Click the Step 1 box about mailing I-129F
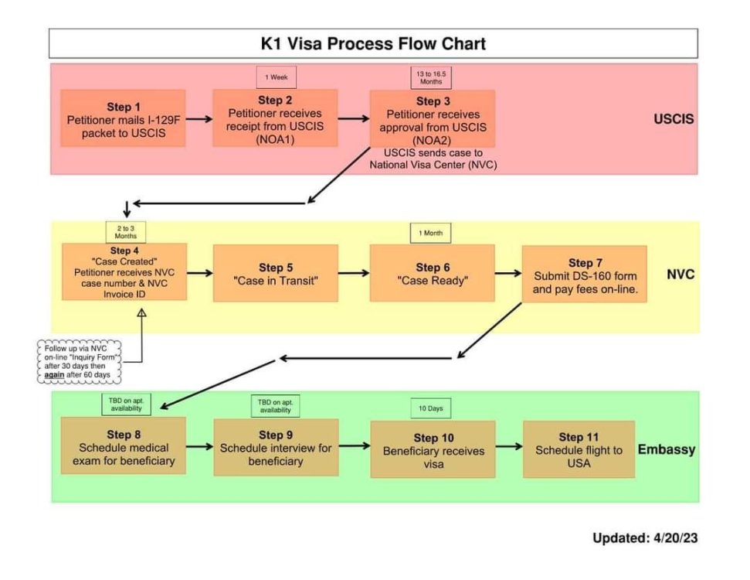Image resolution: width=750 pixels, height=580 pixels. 123,118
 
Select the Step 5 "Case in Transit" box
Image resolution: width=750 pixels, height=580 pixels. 276,273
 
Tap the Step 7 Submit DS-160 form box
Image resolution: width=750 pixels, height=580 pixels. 585,274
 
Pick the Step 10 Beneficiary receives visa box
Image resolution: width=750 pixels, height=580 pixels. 433,449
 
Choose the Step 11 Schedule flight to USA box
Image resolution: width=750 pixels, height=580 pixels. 579,449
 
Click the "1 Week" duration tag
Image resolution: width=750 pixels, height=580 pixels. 277,77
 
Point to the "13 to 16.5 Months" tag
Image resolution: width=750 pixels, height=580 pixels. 431,77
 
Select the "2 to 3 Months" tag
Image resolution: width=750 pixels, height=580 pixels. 126,232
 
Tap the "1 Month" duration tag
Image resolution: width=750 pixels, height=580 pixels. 430,234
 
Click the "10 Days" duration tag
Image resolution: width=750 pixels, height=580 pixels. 431,408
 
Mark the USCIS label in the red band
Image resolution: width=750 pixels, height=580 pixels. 674,119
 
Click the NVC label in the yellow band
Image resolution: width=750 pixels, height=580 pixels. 680,275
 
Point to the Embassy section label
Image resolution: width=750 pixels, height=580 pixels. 667,449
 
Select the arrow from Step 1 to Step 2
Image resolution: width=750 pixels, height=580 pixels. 199,119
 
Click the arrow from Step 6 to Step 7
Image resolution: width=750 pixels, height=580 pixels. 508,273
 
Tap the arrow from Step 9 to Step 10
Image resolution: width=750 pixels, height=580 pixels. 355,446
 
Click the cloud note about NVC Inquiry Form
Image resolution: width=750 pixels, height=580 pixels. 79,362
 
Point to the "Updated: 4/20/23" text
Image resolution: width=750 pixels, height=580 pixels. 645,537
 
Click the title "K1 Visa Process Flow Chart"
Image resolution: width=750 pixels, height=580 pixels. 373,43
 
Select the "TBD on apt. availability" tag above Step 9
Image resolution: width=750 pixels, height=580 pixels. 276,406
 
